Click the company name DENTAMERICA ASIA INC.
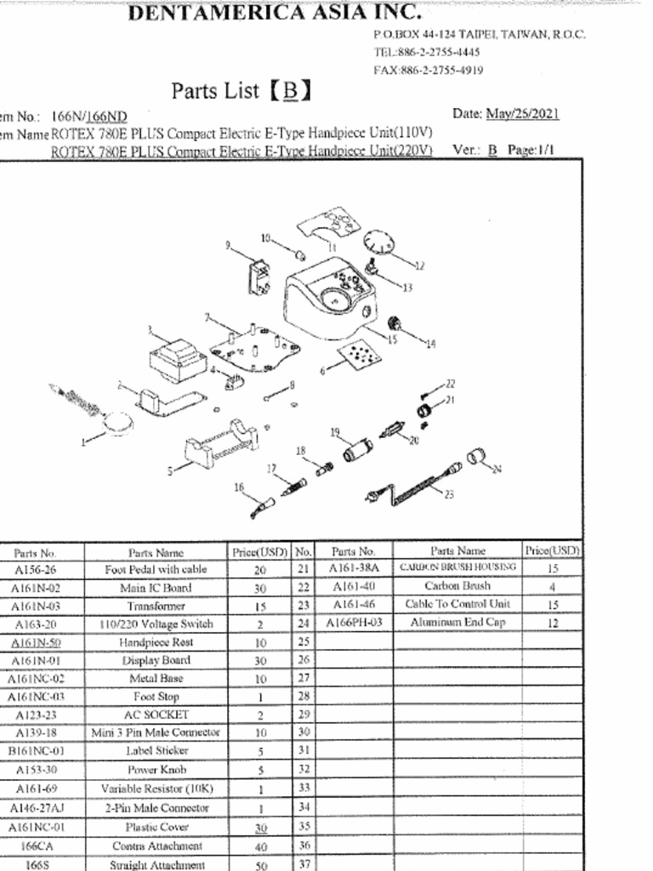[274, 13]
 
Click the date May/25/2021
[522, 114]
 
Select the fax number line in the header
[429, 70]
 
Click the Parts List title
[241, 91]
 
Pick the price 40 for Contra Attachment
[260, 847]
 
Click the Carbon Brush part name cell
[457, 586]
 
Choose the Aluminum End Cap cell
[457, 623]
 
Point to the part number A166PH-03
[355, 623]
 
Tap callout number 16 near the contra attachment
[239, 487]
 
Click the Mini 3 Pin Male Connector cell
[156, 732]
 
